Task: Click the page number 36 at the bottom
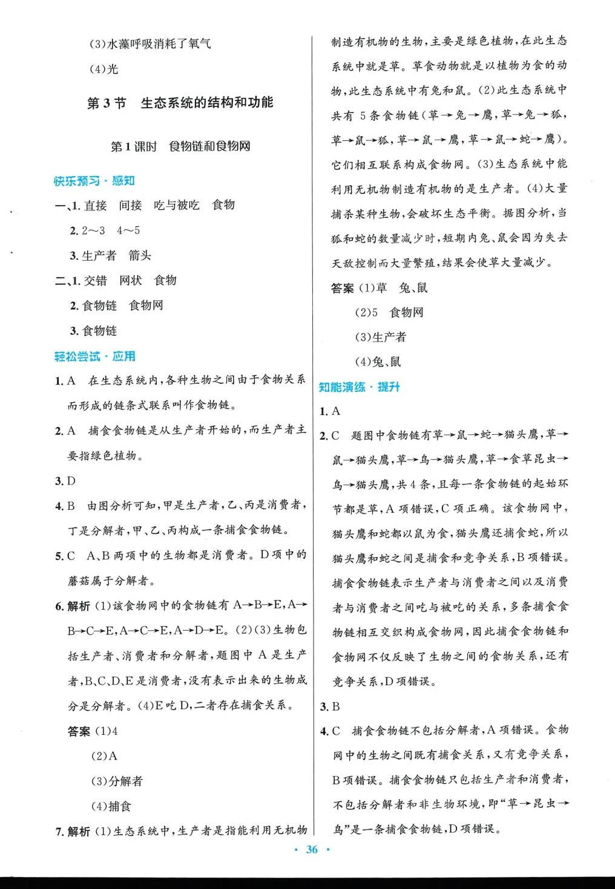(x=312, y=850)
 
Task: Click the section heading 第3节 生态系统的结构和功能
(x=180, y=103)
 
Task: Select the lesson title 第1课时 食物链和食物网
(x=180, y=146)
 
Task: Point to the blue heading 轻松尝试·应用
(x=94, y=356)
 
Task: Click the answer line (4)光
(x=104, y=69)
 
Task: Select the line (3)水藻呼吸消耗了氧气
(x=150, y=44)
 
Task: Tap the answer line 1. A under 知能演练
(x=330, y=411)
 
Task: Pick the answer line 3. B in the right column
(x=330, y=706)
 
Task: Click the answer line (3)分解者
(x=116, y=781)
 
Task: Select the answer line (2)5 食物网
(x=389, y=312)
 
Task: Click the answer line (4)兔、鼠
(x=378, y=362)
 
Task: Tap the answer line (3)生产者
(x=380, y=337)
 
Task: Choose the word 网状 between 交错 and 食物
(x=131, y=280)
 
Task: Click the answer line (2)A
(x=104, y=756)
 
